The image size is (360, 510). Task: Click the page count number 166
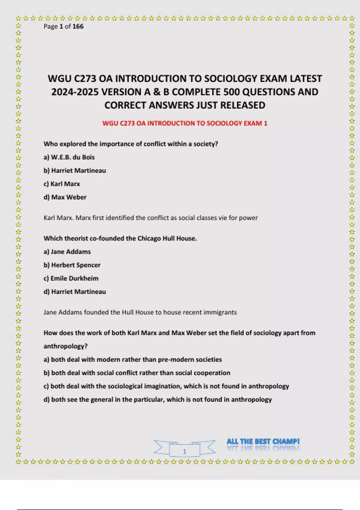coord(78,26)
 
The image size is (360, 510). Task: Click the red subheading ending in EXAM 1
coord(184,123)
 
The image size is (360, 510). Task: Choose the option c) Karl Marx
coord(62,184)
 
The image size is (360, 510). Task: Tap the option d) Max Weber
coord(65,197)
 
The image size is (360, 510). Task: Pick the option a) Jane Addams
coord(67,252)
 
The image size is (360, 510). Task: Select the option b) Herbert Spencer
coord(72,265)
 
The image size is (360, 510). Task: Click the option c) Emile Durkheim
coord(71,278)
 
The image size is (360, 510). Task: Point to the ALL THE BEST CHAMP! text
coord(263,442)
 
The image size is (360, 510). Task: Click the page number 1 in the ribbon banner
coord(184,451)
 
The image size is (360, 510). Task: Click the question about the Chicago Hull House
coord(120,238)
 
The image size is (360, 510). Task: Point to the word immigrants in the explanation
coord(220,312)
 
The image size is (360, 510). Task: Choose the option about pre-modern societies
coord(133,359)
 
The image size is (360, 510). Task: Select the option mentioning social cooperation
coord(137,373)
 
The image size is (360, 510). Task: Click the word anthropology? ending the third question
coord(65,346)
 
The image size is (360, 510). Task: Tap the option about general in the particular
coord(157,400)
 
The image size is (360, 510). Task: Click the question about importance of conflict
coord(130,144)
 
